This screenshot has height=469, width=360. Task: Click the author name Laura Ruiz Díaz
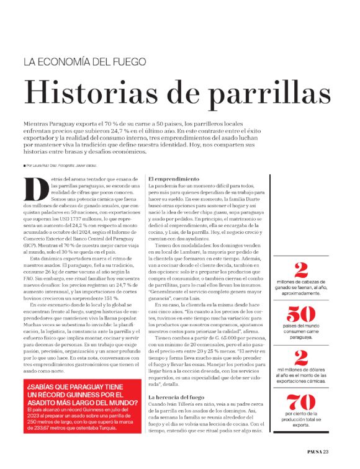[47, 166]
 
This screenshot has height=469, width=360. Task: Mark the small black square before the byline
[25, 166]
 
